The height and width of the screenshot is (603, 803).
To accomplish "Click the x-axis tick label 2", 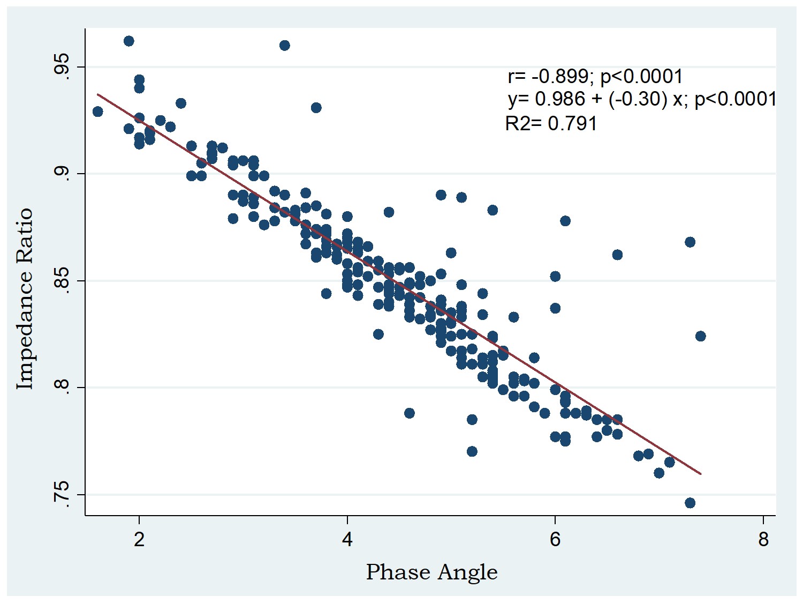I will click(139, 539).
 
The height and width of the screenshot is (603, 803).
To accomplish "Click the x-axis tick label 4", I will click(347, 539).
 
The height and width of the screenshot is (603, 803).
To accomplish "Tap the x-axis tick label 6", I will click(555, 539).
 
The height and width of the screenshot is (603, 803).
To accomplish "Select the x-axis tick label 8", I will click(763, 539).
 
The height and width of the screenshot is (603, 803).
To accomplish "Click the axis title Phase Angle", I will click(431, 572).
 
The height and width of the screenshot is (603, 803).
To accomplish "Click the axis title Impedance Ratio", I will click(25, 299).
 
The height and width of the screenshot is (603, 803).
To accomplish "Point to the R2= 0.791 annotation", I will click(551, 124).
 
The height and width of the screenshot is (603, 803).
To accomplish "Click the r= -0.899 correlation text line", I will click(595, 77).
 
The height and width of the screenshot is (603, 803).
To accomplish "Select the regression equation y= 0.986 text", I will click(642, 99).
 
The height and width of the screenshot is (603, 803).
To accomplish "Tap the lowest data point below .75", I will click(690, 503).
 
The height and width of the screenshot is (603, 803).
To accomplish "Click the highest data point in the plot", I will click(129, 41).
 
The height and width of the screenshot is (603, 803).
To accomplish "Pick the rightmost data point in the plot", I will click(700, 336).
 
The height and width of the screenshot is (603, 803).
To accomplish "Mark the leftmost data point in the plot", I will click(97, 111).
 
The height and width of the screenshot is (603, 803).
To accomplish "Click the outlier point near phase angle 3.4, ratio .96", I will click(285, 46).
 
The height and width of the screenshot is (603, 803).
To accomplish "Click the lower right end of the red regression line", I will click(700, 473).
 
